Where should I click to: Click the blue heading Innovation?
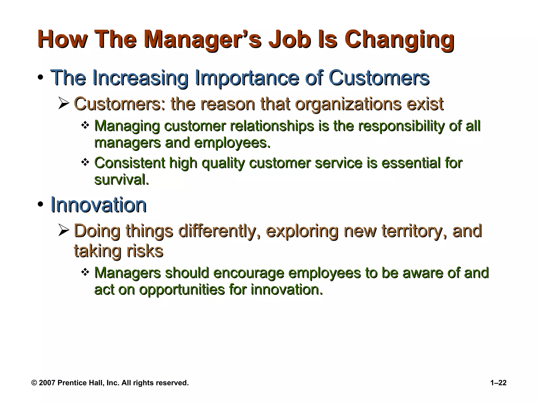point(99,205)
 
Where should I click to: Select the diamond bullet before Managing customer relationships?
point(85,125)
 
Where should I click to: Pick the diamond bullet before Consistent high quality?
point(85,162)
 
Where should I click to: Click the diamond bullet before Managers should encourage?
point(85,272)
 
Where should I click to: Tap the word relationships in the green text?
point(272,126)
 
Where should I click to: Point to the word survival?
point(121,180)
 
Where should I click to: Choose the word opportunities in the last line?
point(182,290)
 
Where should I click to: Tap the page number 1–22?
point(498,383)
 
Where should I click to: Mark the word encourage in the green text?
point(249,273)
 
